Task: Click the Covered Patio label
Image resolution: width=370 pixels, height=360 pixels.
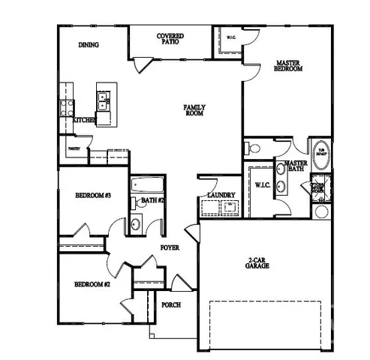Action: click(x=170, y=39)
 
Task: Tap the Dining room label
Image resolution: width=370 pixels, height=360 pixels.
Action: click(x=89, y=45)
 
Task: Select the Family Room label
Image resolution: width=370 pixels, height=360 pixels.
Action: click(x=195, y=111)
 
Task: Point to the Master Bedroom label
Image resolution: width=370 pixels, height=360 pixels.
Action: click(x=288, y=65)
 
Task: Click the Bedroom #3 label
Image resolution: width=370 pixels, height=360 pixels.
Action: click(x=93, y=196)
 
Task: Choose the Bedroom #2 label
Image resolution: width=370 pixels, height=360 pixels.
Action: click(x=92, y=285)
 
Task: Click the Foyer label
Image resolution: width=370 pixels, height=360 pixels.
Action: click(x=169, y=247)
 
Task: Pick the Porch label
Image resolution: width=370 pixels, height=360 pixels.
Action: click(x=171, y=305)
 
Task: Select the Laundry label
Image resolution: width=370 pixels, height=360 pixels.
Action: click(x=221, y=196)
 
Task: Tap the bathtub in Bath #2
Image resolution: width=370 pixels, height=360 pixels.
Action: click(x=147, y=185)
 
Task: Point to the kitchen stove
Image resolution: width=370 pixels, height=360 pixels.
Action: click(x=65, y=106)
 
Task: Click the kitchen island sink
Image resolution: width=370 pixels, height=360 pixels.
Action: click(x=101, y=98)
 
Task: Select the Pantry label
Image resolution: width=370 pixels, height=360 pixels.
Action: click(x=74, y=149)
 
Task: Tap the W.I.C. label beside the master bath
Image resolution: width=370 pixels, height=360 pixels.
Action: click(x=263, y=184)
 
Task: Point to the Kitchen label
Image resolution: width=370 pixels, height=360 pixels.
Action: click(x=85, y=120)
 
